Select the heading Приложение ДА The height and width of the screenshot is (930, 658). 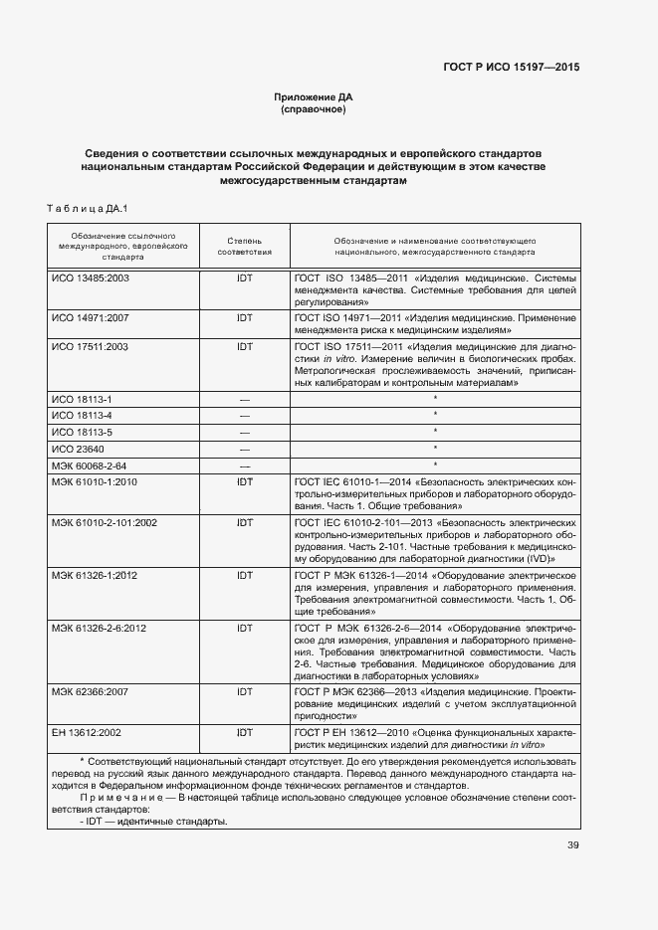tap(314, 96)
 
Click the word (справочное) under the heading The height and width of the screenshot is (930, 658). tap(314, 109)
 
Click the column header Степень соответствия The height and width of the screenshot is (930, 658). tap(244, 247)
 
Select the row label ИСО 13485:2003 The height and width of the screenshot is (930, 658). tap(91, 279)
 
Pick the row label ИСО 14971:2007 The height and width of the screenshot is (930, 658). tap(91, 317)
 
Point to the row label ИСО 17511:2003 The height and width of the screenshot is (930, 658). tap(91, 346)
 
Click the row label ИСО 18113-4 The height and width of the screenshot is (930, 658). tap(82, 415)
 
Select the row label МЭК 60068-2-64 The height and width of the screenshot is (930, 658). tap(90, 465)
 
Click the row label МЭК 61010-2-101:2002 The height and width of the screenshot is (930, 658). tap(105, 522)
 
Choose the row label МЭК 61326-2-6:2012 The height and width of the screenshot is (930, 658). tap(100, 629)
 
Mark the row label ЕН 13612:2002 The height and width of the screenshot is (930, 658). tap(87, 732)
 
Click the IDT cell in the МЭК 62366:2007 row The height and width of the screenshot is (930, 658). tap(244, 689)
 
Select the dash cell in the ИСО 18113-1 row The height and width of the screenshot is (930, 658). tap(244, 398)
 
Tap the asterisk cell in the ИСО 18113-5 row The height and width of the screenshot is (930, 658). tap(435, 432)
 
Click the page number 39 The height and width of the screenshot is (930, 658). tap(572, 845)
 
